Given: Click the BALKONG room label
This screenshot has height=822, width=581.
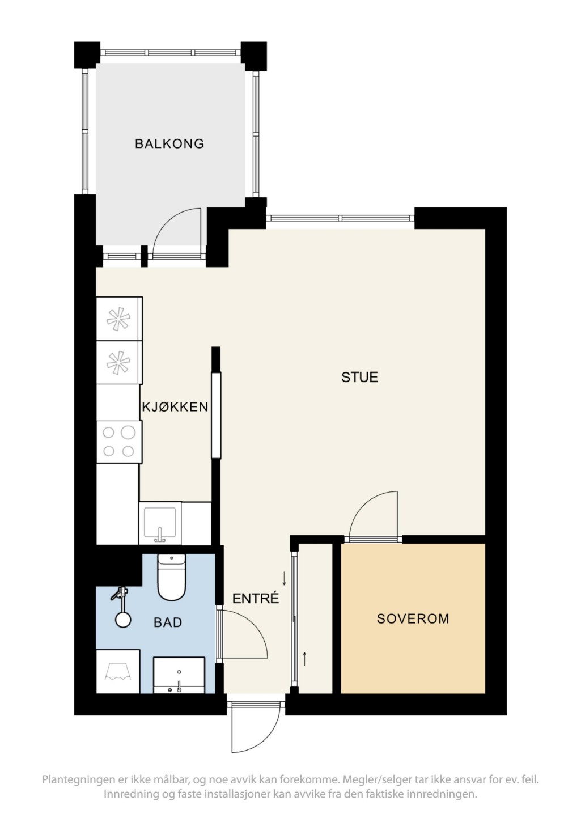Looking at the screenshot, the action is click(x=169, y=143).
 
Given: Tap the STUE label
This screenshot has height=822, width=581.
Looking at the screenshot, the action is click(x=360, y=377).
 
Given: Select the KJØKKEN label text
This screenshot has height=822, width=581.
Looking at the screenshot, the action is click(x=175, y=406).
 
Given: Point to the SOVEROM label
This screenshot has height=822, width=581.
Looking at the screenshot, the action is click(x=413, y=618).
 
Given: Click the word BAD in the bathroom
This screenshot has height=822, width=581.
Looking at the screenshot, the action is click(x=168, y=622).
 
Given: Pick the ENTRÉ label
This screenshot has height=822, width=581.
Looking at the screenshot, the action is click(x=256, y=598).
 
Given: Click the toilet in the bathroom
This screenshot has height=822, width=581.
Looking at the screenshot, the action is click(x=171, y=577).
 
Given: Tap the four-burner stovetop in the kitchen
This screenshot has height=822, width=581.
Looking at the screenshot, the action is click(x=118, y=442).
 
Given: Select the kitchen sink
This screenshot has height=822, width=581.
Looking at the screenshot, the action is click(x=160, y=523).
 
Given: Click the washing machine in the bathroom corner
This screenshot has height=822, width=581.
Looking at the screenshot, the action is click(x=118, y=672).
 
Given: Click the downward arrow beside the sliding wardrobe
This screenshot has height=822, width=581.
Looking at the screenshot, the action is click(x=284, y=578).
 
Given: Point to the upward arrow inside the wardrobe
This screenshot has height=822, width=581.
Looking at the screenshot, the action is click(x=304, y=659).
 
